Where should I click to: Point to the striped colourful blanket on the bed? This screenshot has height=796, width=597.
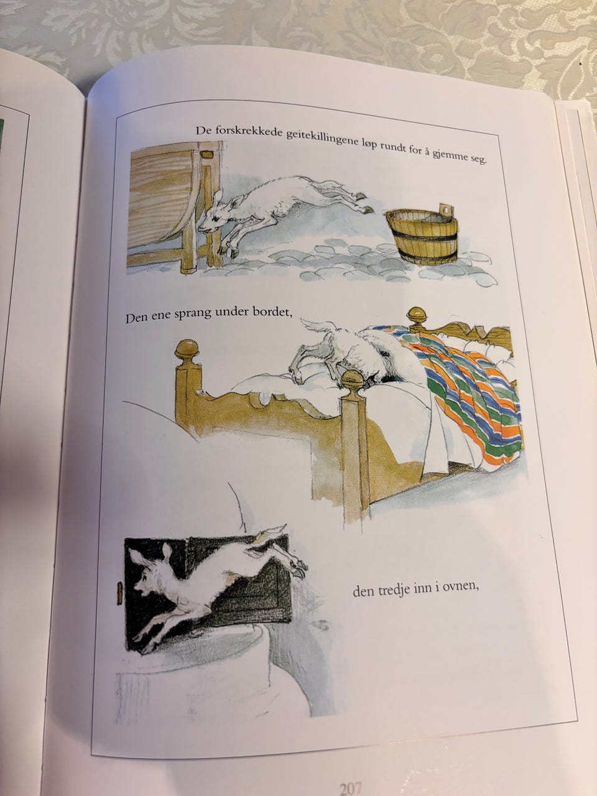[x=468, y=392]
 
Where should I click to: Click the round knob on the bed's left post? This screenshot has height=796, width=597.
[x=187, y=349]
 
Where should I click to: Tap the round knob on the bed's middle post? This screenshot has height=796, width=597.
[x=352, y=381]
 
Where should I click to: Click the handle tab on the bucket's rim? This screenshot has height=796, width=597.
[x=446, y=210]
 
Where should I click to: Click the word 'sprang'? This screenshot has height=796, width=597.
[x=192, y=314]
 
